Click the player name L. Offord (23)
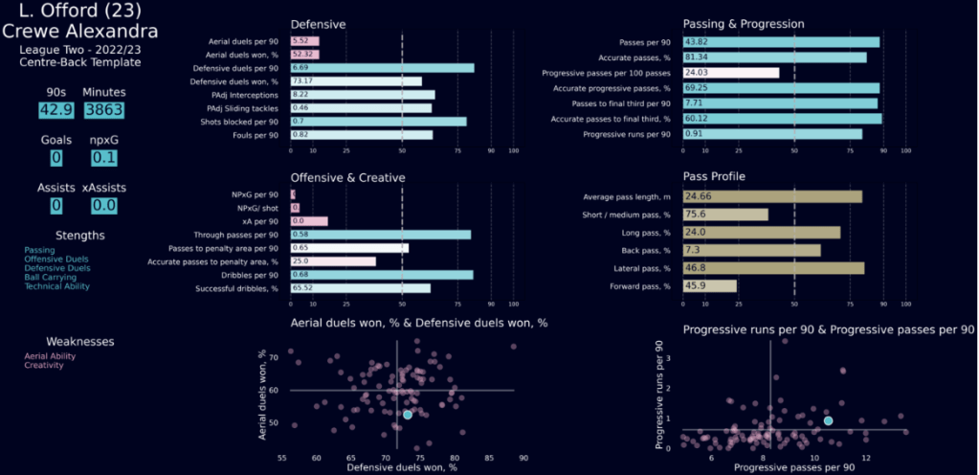79,11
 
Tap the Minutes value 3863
102,110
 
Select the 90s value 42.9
56,110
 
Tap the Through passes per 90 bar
380,235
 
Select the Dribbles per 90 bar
381,275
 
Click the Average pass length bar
771,197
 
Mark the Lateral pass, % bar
772,268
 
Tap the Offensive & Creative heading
347,177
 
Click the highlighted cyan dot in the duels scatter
408,415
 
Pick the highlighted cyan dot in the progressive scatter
828,421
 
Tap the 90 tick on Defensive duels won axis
523,459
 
